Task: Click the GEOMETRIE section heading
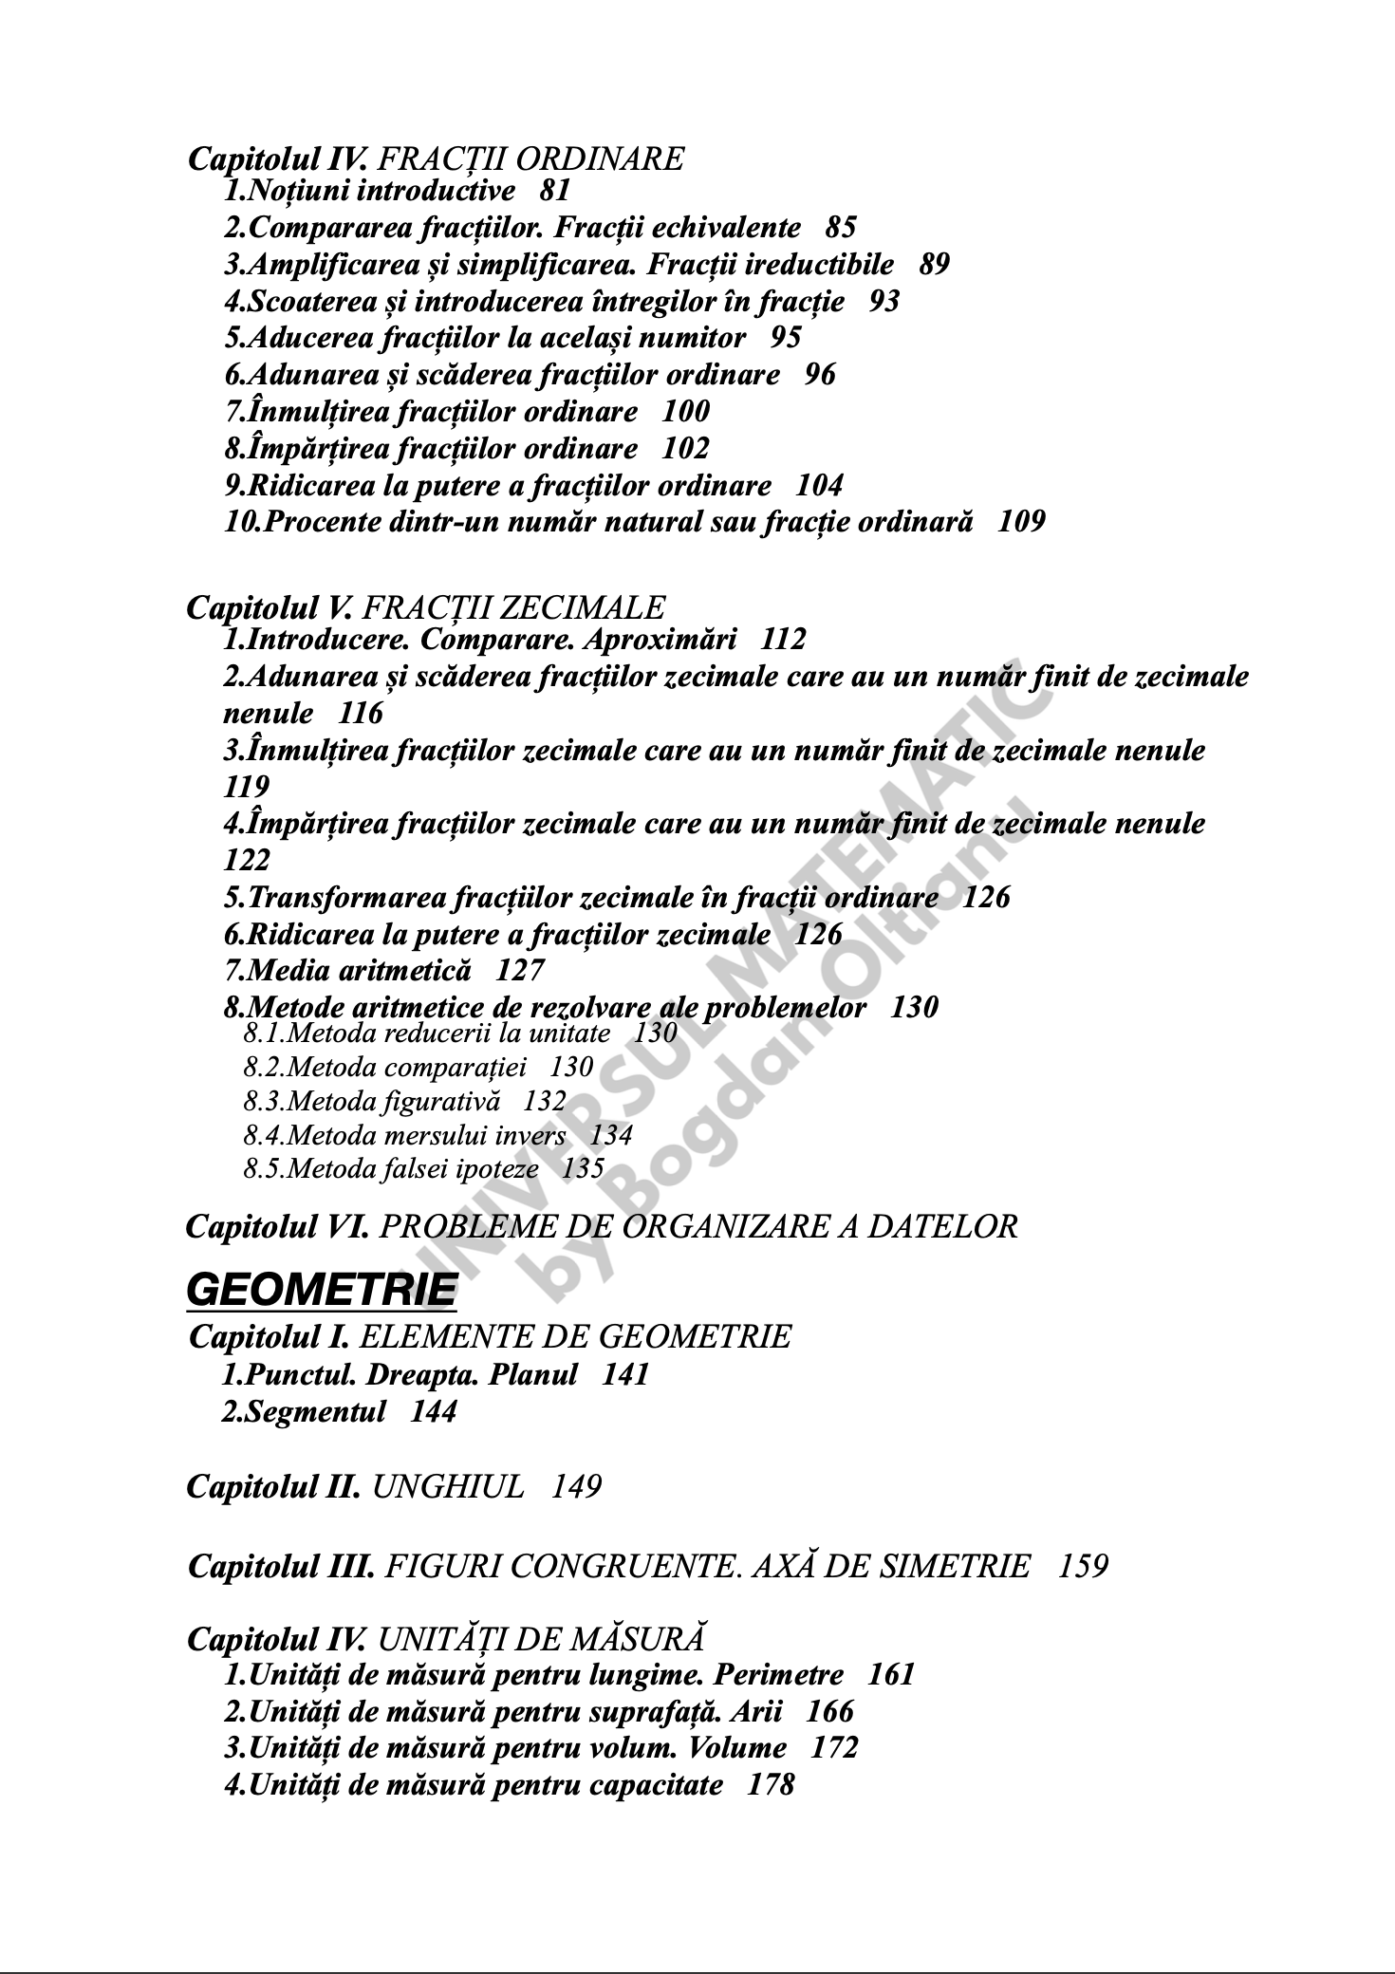coord(322,1290)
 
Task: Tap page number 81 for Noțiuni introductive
coord(554,191)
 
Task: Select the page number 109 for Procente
coord(1021,522)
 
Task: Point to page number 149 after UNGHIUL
coord(576,1486)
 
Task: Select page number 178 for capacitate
coord(771,1785)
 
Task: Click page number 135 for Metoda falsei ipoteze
coord(583,1168)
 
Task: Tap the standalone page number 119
coord(247,787)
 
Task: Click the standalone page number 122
coord(247,861)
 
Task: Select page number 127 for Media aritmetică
coord(521,970)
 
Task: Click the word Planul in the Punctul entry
coord(532,1375)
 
